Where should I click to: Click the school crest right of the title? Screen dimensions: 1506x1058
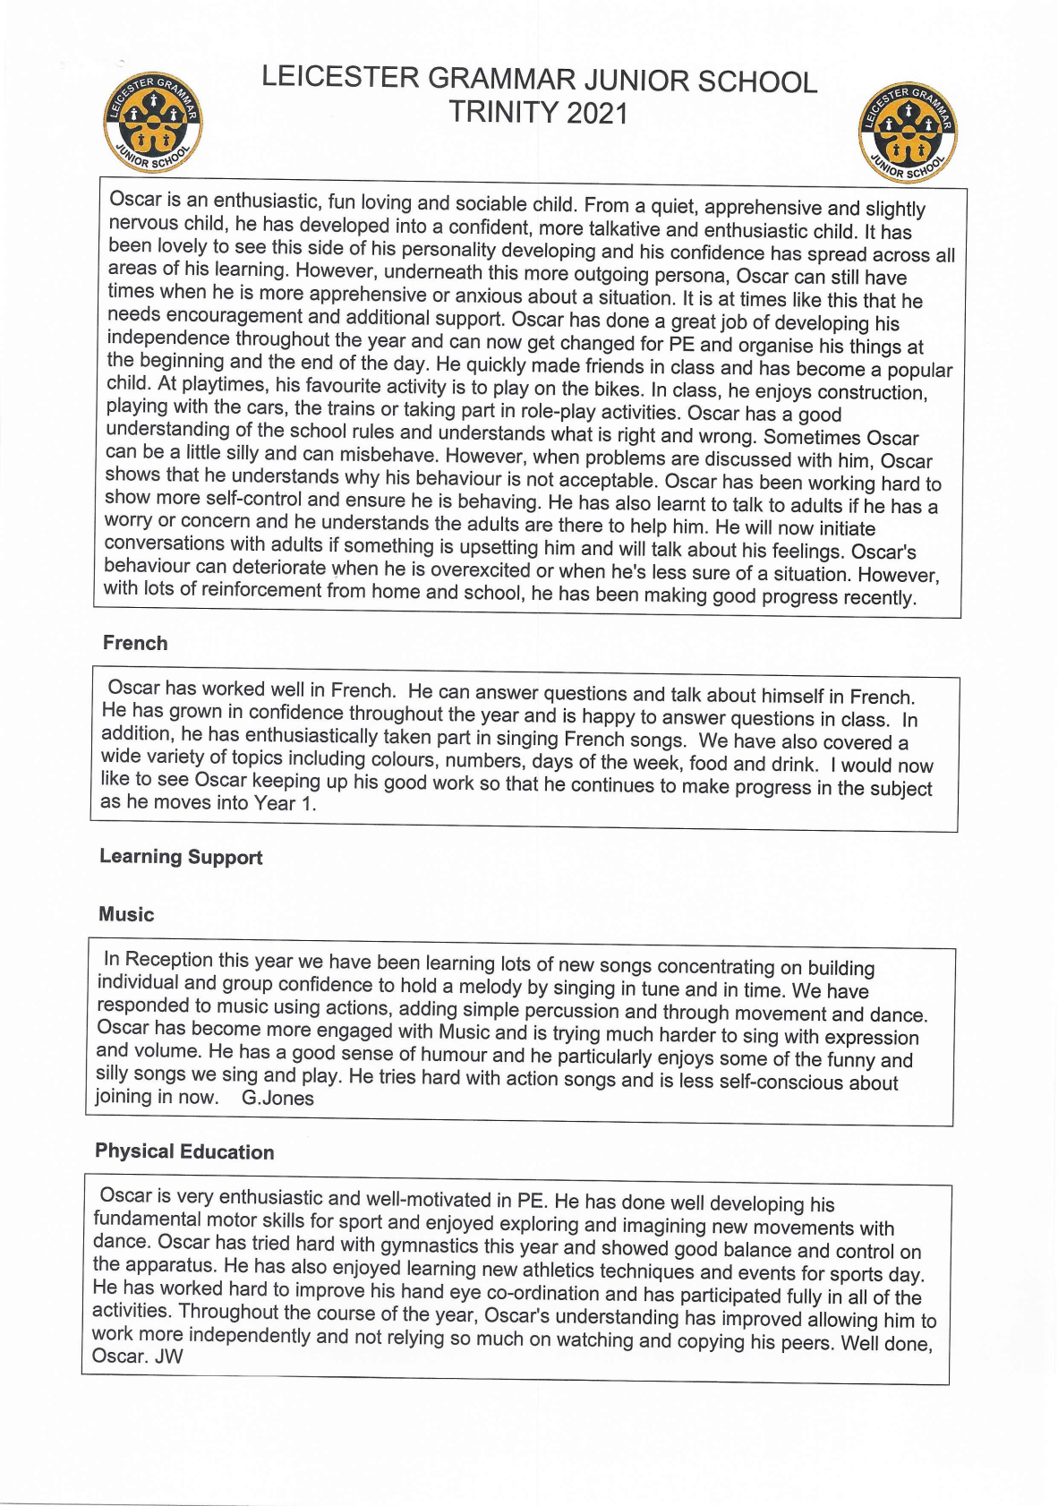[909, 134]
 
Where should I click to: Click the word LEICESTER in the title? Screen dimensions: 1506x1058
[340, 78]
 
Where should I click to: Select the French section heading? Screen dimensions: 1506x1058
[135, 643]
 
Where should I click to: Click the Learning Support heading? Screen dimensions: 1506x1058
[181, 857]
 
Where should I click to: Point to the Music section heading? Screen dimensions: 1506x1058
[126, 914]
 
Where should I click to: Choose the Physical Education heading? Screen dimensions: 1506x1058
[184, 1151]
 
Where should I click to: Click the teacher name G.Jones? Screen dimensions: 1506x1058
[277, 1098]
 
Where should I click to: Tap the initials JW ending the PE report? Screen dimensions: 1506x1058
[168, 1356]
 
